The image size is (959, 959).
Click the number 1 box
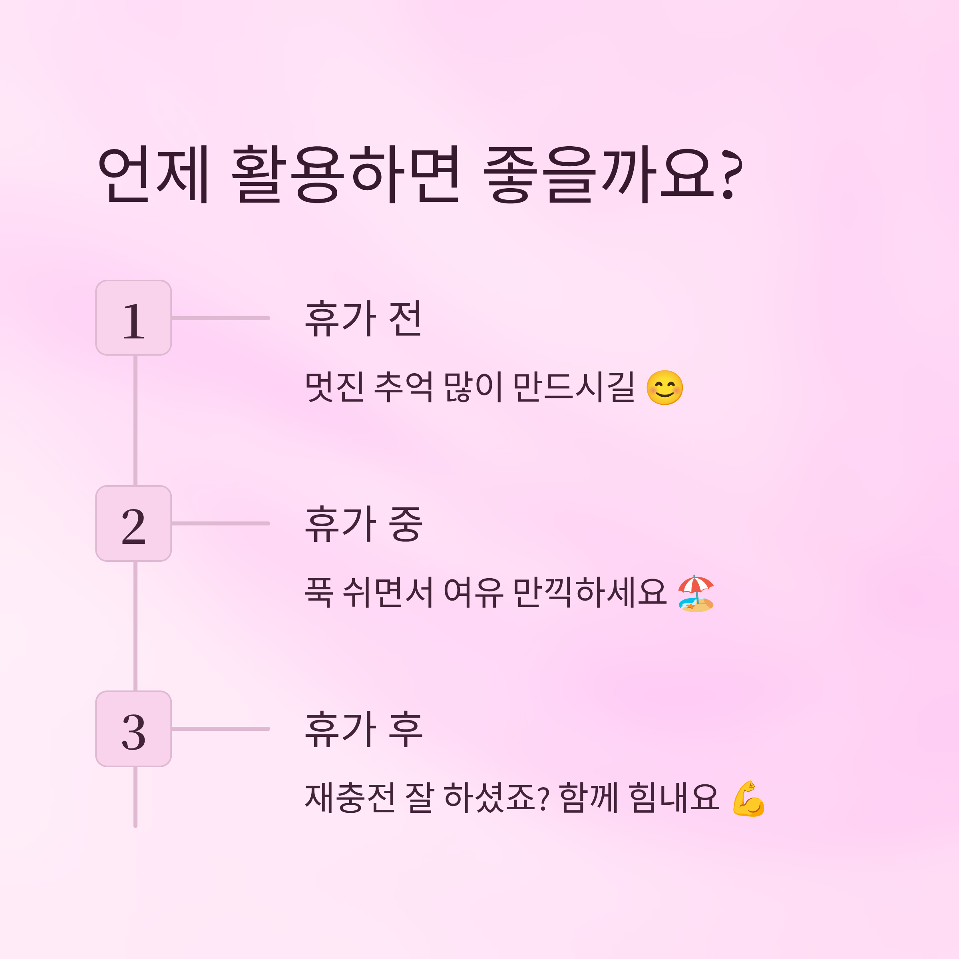coord(133,318)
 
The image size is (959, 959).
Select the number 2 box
coord(133,523)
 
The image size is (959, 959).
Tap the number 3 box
coord(133,729)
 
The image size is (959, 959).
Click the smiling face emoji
coord(665,388)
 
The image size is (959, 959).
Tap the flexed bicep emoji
coord(748,799)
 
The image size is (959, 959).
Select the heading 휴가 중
coord(363,524)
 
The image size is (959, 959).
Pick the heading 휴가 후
coord(363,729)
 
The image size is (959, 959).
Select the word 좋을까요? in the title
coord(613,174)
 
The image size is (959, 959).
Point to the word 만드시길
coord(573,387)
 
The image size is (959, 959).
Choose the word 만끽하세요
coord(589,592)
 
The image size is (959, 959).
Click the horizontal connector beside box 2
coord(221,523)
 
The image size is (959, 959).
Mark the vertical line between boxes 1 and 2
coord(135,420)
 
